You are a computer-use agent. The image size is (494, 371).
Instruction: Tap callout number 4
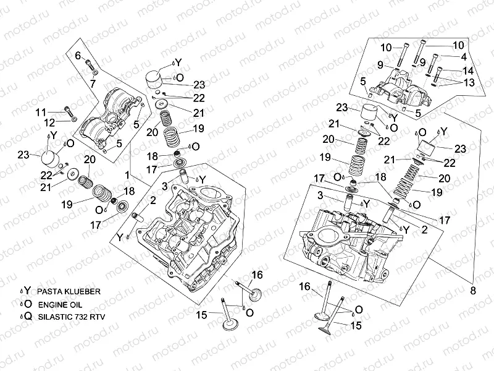pyautogui.click(x=463, y=57)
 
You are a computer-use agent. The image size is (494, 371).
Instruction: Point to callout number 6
pyautogui.click(x=78, y=56)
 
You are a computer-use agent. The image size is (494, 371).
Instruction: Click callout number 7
pyautogui.click(x=93, y=83)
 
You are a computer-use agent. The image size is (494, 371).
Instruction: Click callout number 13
pyautogui.click(x=469, y=83)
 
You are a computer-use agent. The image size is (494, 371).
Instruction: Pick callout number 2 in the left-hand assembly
pyautogui.click(x=153, y=200)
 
